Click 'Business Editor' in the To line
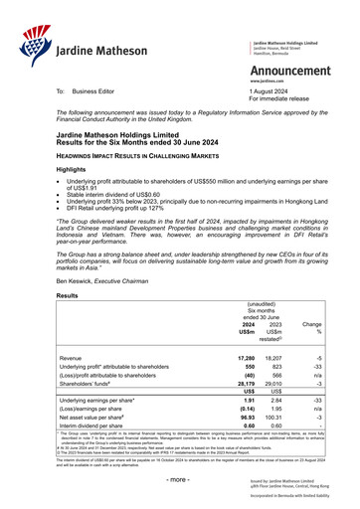click(101, 90)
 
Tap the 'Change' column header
click(311, 324)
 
